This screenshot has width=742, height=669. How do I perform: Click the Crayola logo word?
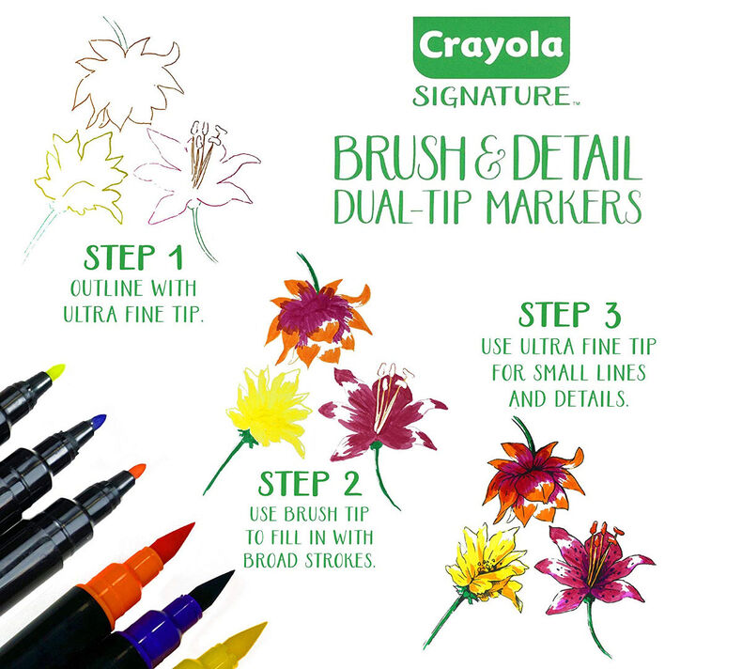coord(489,47)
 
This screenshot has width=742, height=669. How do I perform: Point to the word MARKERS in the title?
coord(575,204)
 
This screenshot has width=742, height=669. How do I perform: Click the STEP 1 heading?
coord(132,257)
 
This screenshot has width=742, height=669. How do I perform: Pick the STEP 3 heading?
coord(568,314)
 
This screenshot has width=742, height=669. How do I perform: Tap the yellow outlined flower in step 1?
coord(83,175)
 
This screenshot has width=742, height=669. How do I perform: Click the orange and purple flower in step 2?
coord(319,315)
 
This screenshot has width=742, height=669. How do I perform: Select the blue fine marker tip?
coord(97,421)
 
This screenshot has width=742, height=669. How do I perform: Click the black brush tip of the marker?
coord(213,588)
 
